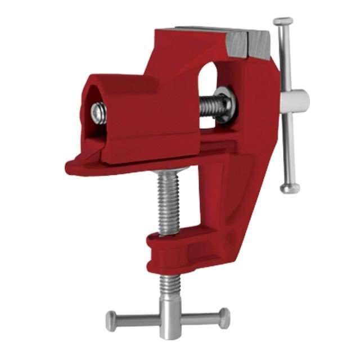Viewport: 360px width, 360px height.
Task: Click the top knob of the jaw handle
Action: click(x=283, y=21)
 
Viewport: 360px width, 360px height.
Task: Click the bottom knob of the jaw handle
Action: click(x=290, y=188)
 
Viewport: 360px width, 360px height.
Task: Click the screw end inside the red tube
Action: click(x=99, y=113)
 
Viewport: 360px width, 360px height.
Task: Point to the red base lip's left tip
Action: click(x=71, y=167)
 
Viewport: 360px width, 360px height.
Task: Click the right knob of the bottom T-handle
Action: click(x=224, y=318)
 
